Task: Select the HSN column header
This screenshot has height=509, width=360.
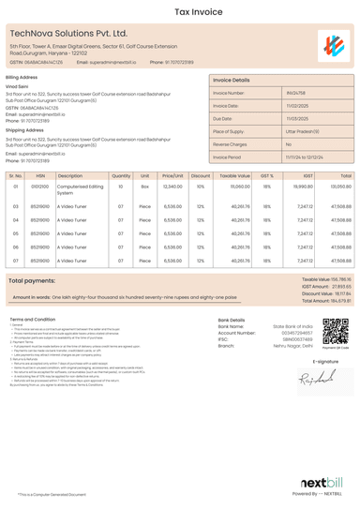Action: coord(40,175)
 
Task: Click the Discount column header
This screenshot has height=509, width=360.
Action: coord(201,175)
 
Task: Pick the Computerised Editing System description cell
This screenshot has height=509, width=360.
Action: coord(80,189)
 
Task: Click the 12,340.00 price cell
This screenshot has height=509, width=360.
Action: coord(172,187)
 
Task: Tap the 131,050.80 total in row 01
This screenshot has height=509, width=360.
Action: coord(340,187)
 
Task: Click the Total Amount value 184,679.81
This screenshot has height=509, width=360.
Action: coord(335,300)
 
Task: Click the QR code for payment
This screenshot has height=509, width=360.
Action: coord(336,332)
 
